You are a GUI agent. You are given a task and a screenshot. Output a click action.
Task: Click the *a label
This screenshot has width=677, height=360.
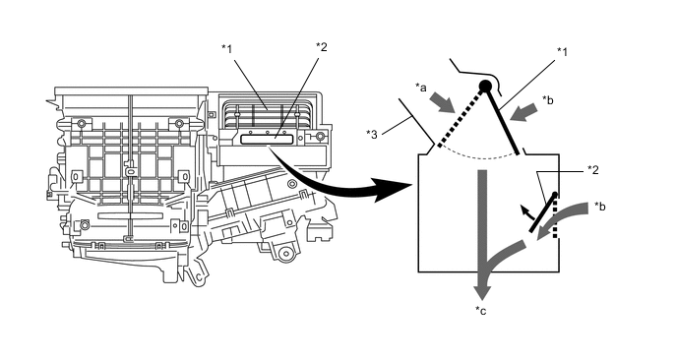pos(420,88)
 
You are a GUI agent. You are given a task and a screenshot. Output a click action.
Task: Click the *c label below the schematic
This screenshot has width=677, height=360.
pos(480,311)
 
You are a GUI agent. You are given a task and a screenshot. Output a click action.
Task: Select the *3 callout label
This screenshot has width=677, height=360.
pos(371,135)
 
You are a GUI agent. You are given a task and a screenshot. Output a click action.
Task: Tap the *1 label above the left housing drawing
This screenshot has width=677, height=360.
pos(227,49)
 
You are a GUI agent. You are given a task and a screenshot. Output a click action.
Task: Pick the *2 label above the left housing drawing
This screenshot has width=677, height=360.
pos(322,46)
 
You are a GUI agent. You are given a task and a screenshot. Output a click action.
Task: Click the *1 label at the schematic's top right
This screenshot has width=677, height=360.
pos(562,52)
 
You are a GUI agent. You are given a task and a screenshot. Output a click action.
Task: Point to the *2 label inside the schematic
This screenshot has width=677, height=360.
pos(593,169)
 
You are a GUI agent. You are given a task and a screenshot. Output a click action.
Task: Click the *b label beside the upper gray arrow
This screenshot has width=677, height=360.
pos(547,99)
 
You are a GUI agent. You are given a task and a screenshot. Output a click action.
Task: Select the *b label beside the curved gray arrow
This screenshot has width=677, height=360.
pos(599,207)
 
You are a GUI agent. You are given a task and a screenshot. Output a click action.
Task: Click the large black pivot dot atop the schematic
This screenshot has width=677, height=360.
pos(485,87)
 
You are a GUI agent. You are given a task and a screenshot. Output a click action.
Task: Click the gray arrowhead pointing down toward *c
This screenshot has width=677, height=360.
pos(483,289)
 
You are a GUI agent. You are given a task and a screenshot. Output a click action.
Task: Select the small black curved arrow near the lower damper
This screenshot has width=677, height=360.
pos(526,212)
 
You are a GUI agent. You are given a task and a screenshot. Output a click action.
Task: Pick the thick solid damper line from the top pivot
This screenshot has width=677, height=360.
pos(502,121)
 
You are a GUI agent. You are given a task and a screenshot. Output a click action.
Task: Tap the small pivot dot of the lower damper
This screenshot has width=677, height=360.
pos(555,194)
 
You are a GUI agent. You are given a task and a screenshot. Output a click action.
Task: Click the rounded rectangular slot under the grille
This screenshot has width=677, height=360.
pos(267,139)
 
